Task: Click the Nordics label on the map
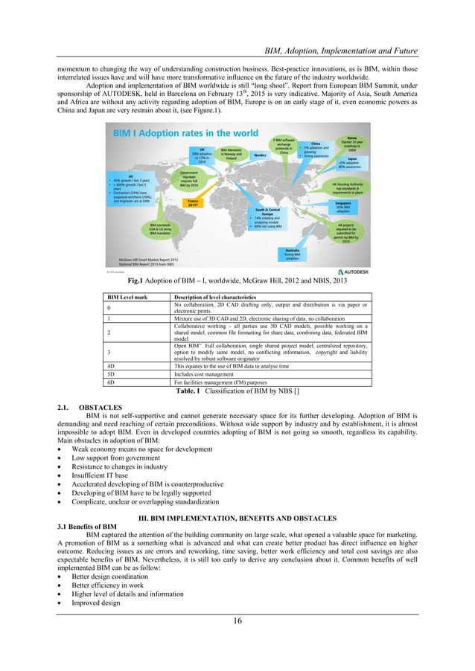pos(261,155)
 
